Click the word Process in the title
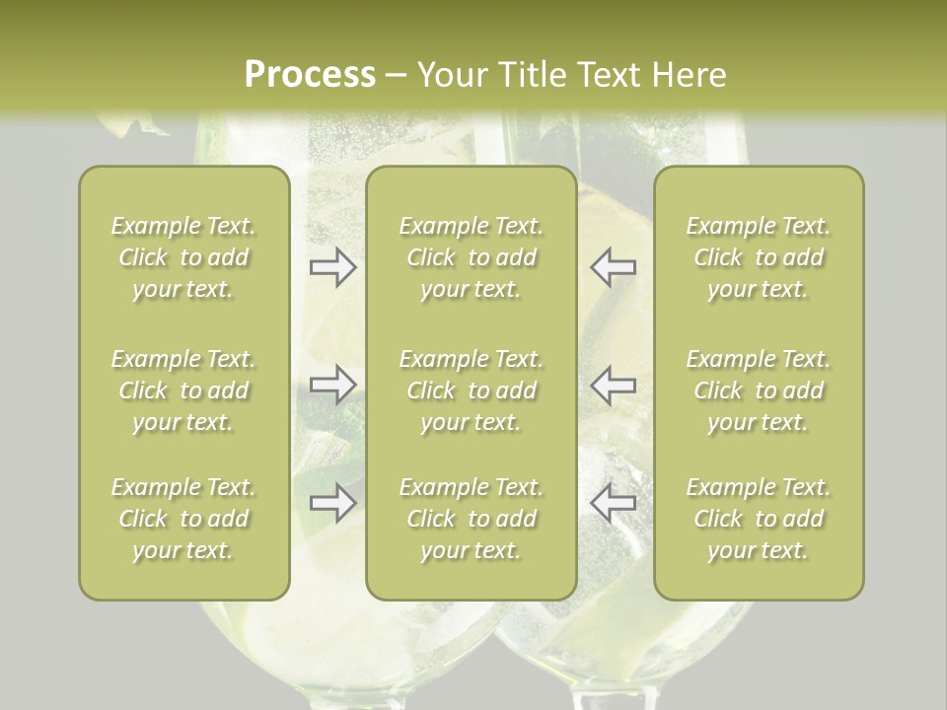(x=310, y=75)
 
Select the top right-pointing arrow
(x=332, y=267)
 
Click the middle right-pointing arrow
(x=332, y=384)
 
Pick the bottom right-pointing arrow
(x=332, y=502)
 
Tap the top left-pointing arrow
(x=613, y=267)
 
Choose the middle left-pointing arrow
(x=613, y=384)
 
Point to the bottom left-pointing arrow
(x=613, y=502)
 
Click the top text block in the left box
(x=183, y=257)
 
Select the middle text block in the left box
(x=183, y=390)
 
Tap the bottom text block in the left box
(x=183, y=519)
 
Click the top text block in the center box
(x=471, y=257)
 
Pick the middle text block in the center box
(x=471, y=390)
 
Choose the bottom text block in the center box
(x=471, y=519)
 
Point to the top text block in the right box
(x=758, y=257)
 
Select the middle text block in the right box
(x=758, y=390)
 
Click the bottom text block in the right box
(x=758, y=519)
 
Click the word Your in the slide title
(x=450, y=75)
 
